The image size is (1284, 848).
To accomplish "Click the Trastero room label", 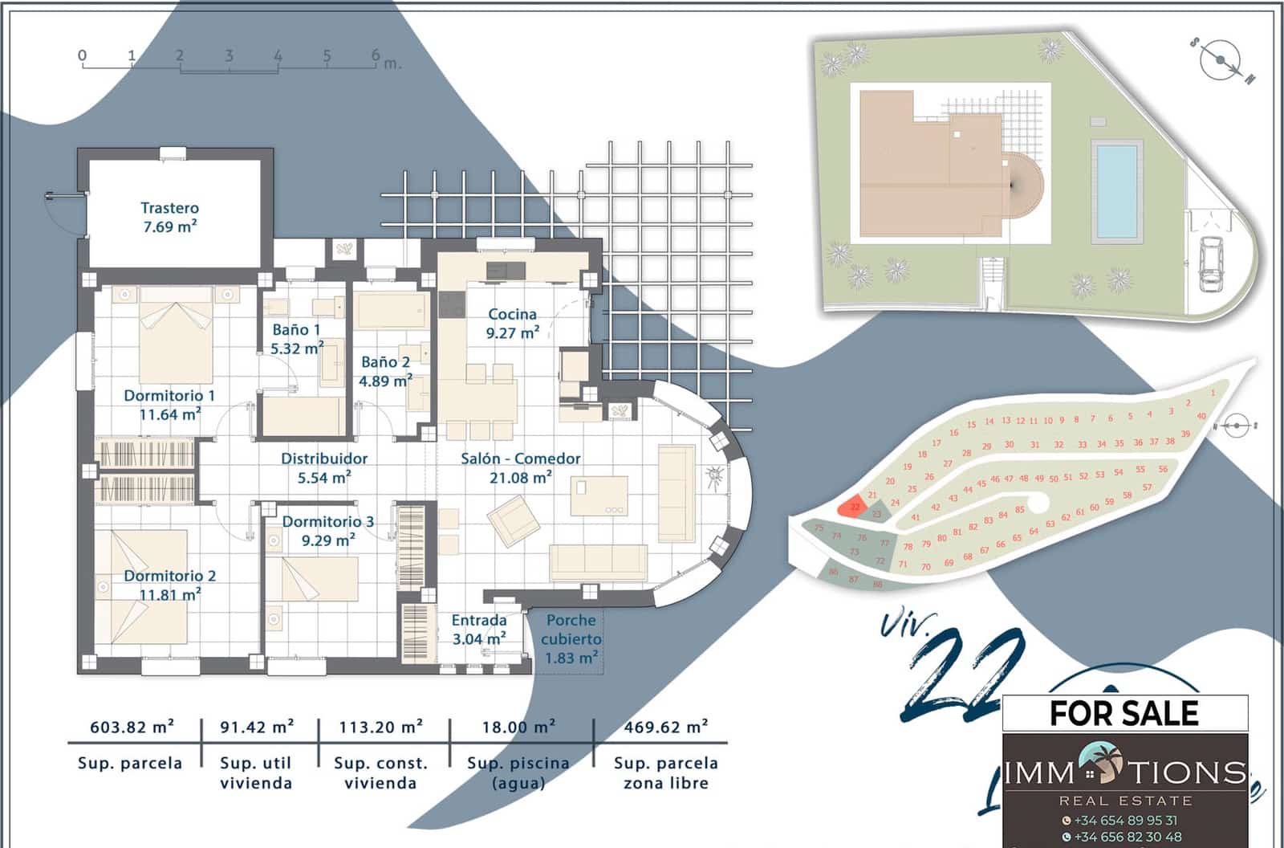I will (169, 217).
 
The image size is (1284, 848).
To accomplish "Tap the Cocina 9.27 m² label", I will (512, 323).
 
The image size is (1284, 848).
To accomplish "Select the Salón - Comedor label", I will (520, 467).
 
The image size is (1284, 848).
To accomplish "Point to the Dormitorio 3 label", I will (327, 531).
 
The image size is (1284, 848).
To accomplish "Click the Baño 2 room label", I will (385, 371).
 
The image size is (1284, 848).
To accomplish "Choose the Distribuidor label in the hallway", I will (324, 467).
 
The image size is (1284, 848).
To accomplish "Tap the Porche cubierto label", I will (571, 638).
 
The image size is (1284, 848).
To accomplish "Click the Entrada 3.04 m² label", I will (479, 629).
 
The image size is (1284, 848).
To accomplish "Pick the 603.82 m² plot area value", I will (132, 727).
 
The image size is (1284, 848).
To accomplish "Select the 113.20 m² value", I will (380, 727).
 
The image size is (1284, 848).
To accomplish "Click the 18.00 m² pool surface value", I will (518, 727).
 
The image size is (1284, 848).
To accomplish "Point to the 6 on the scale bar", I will (375, 55).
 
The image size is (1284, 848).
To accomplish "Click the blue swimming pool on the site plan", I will (1116, 190).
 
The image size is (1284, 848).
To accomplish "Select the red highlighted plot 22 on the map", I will (853, 507).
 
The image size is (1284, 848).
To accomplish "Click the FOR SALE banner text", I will (1124, 713).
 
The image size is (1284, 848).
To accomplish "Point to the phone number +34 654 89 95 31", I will (1125, 820).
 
